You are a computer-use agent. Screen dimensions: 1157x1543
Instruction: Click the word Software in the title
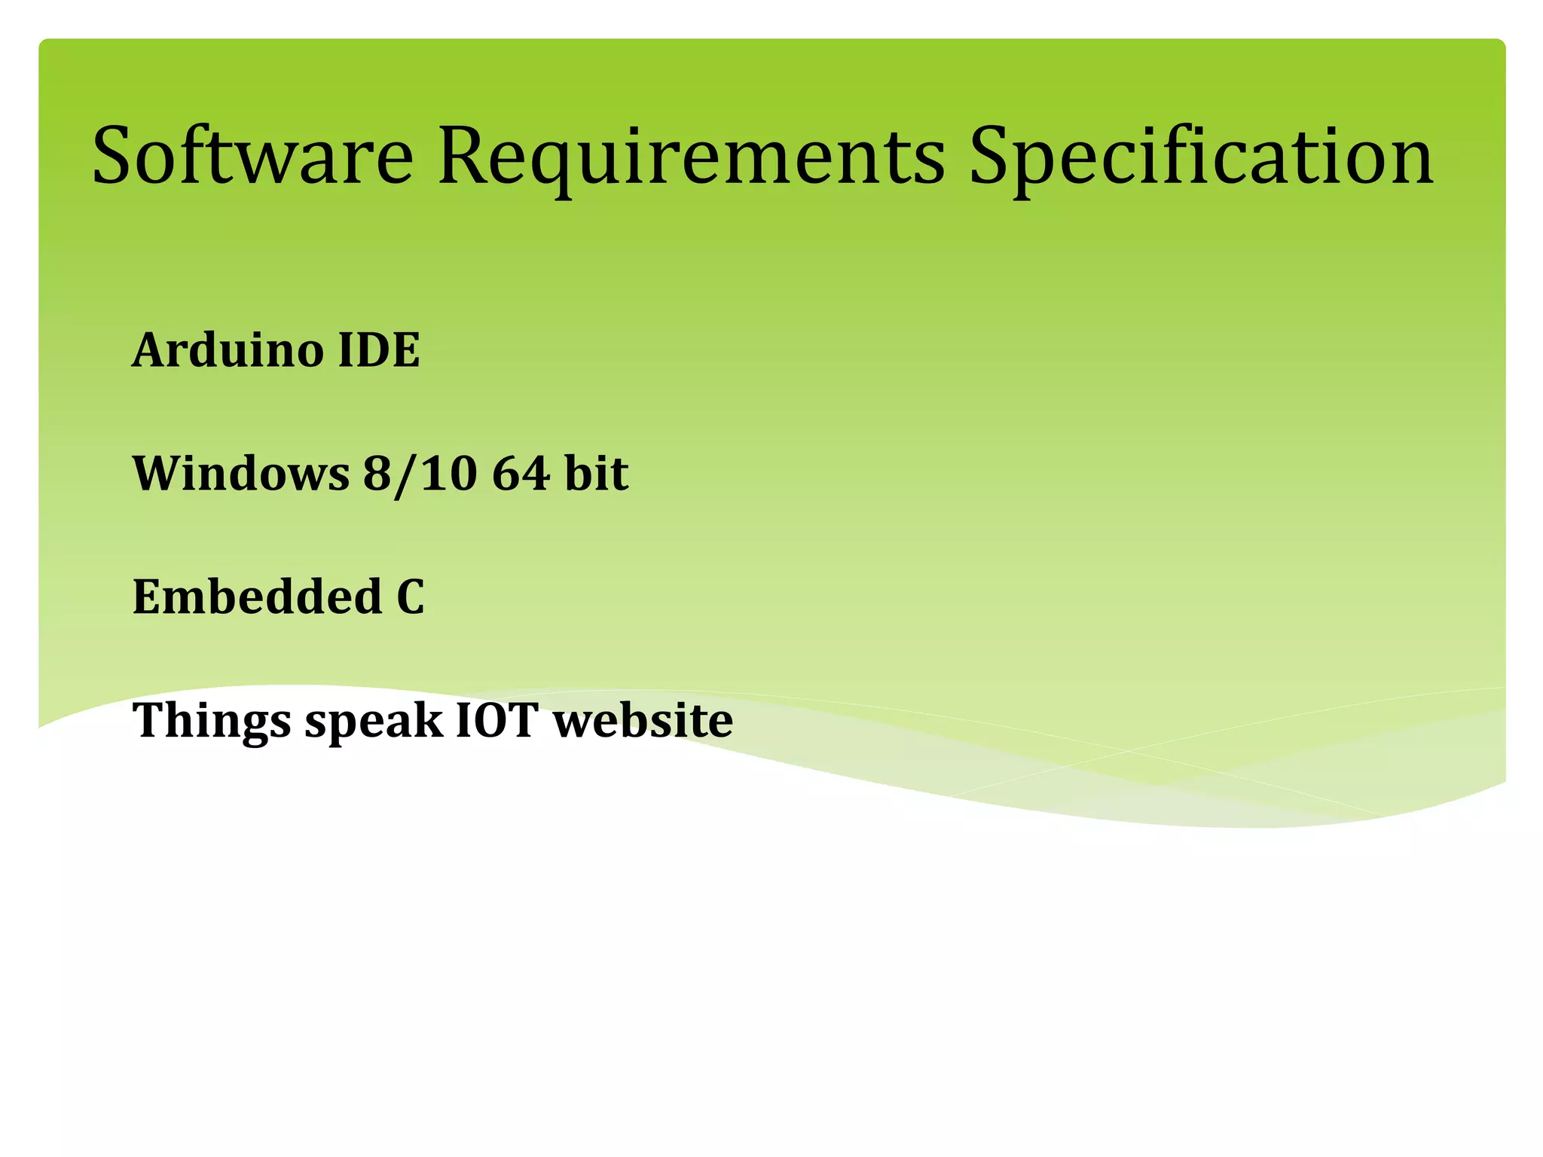click(x=252, y=156)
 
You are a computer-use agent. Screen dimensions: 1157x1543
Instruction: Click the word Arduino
click(x=228, y=350)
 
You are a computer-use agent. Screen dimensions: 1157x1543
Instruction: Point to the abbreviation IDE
click(x=378, y=350)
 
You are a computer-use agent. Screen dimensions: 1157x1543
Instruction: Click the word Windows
click(x=241, y=474)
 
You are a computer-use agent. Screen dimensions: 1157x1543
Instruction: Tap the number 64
click(x=520, y=474)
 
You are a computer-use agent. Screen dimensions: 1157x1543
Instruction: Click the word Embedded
click(x=258, y=597)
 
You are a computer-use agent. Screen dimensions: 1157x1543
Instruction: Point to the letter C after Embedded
click(x=411, y=597)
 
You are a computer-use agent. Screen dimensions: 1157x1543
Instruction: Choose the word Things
click(x=212, y=722)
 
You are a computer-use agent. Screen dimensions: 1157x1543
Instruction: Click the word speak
click(x=374, y=722)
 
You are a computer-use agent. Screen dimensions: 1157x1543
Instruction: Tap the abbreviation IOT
click(x=497, y=720)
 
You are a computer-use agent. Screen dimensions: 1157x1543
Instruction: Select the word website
click(x=643, y=720)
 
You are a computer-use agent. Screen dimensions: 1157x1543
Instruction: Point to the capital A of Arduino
click(x=148, y=350)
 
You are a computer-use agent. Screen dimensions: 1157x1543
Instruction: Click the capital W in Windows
click(x=156, y=474)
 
